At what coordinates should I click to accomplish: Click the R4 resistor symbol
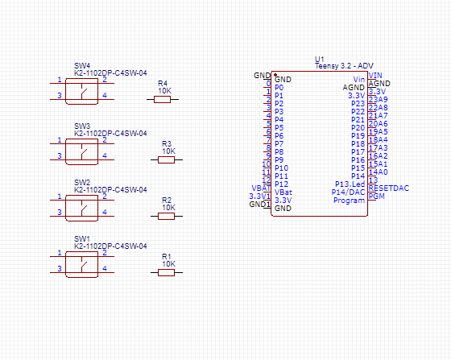[x=165, y=100]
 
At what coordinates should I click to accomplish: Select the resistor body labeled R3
[x=166, y=159]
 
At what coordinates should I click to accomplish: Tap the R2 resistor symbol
[x=166, y=216]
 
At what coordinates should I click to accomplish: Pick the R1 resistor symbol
[x=166, y=272]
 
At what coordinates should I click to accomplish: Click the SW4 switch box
[x=82, y=89]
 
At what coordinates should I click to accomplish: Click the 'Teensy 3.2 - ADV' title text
[x=344, y=67]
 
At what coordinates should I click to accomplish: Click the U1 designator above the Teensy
[x=319, y=60]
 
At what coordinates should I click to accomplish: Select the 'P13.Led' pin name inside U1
[x=350, y=184]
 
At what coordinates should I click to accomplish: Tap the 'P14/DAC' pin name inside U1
[x=349, y=192]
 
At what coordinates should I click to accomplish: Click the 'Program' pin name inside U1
[x=350, y=201]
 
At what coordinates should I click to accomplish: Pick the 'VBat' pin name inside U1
[x=283, y=192]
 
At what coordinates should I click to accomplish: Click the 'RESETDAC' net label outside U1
[x=388, y=188]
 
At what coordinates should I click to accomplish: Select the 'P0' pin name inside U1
[x=279, y=88]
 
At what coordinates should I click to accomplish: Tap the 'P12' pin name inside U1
[x=281, y=184]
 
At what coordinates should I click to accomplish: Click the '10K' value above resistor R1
[x=168, y=264]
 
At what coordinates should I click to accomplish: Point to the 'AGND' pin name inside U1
[x=354, y=88]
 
